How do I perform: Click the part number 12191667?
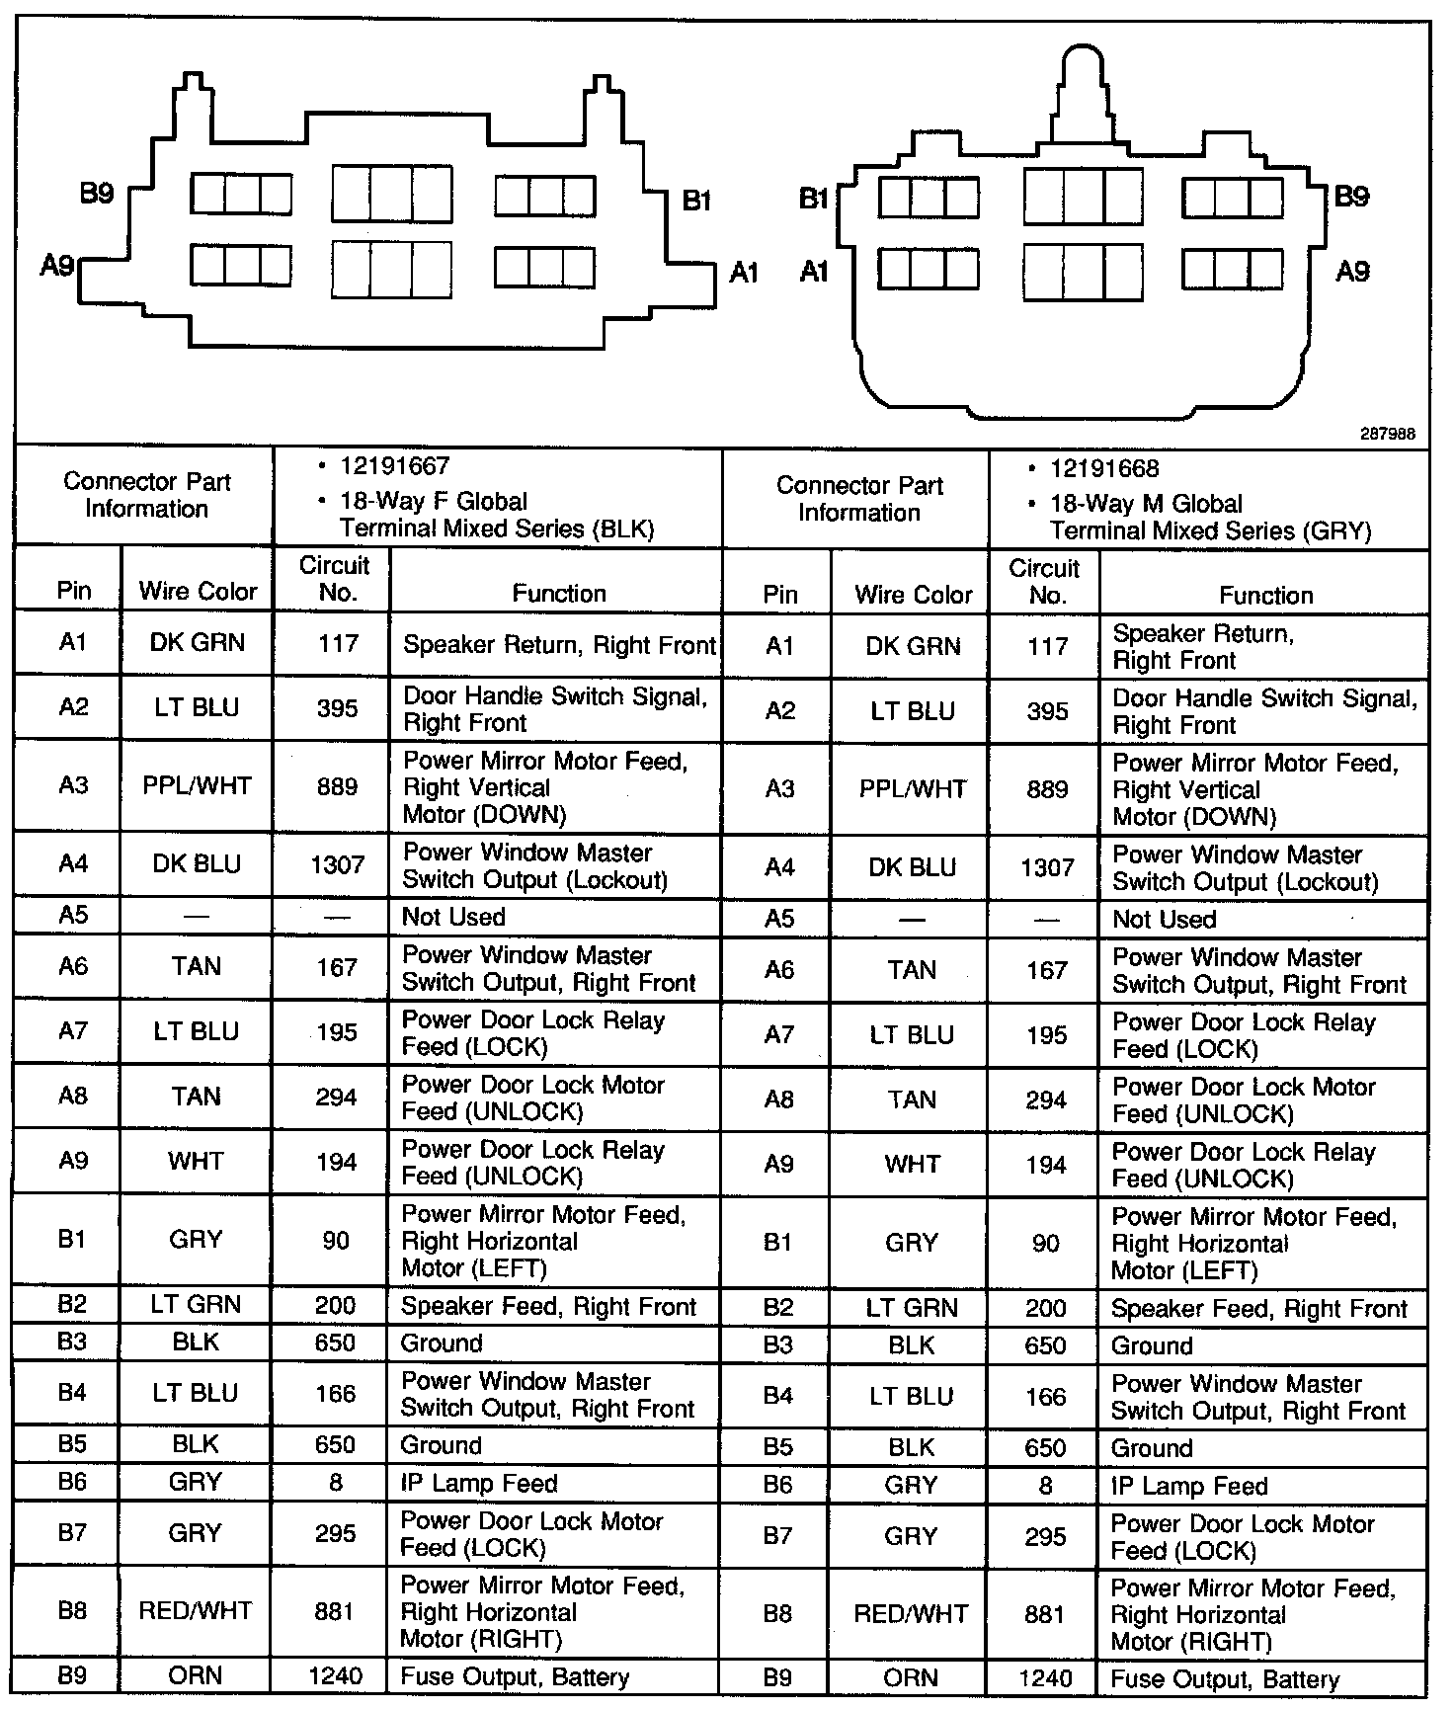coord(394,466)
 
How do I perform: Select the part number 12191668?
coord(1104,468)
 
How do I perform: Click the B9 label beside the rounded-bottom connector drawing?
coord(1351,197)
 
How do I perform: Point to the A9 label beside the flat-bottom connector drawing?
coord(57,265)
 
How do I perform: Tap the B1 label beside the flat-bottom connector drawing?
coord(697,201)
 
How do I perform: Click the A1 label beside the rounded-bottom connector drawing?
coord(814,271)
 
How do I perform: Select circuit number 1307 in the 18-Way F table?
coord(337,865)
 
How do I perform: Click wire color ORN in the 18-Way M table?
coord(912,1677)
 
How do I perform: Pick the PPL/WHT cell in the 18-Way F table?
coord(197,786)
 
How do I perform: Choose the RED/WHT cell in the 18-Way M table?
coord(912,1613)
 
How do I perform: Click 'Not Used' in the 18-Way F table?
coord(453,917)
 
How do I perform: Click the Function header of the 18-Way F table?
coord(558,593)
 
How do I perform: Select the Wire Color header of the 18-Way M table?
coord(913,595)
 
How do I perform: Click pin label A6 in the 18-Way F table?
coord(73,966)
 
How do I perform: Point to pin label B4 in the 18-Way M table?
coord(778,1396)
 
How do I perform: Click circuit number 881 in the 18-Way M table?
coord(1045,1614)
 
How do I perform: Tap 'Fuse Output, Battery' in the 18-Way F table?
coord(515,1676)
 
